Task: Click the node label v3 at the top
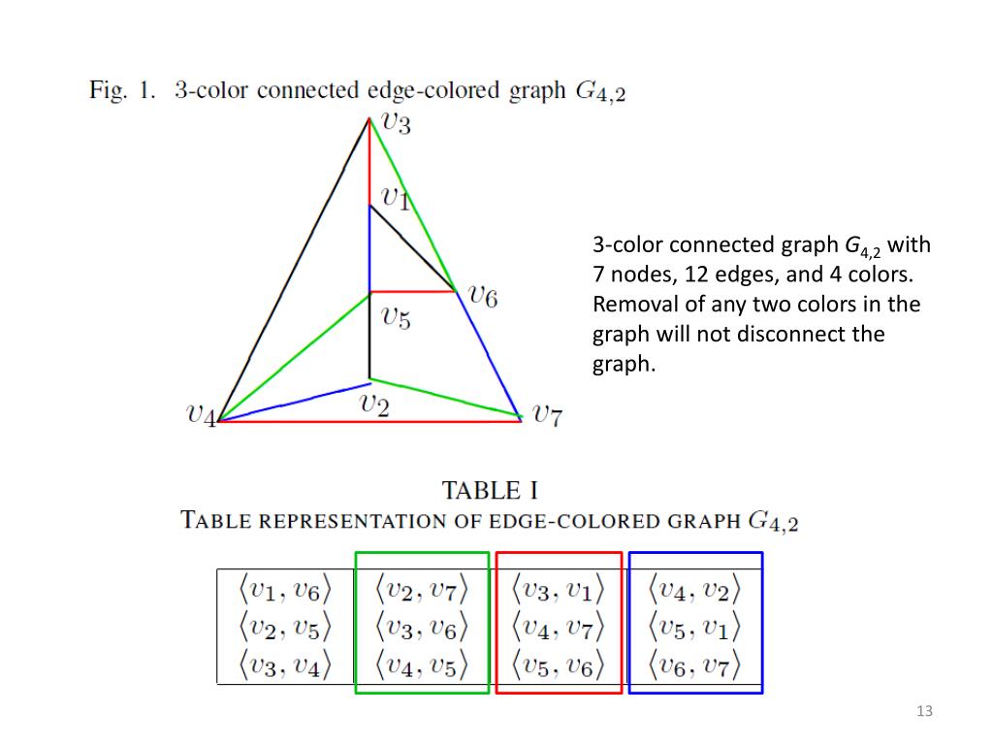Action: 396,123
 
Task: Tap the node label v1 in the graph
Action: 396,199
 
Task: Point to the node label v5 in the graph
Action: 395,317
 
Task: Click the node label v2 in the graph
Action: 374,405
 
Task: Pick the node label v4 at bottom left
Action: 201,415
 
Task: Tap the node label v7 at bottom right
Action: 546,415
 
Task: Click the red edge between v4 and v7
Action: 368,422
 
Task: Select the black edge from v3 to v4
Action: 294,270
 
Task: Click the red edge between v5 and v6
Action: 412,291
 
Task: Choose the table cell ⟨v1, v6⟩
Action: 285,589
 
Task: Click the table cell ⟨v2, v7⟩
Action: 422,589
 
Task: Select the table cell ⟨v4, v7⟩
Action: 558,628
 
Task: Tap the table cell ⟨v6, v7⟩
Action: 694,666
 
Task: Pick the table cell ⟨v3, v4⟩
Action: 285,666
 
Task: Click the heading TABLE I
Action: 491,490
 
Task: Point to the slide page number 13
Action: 924,713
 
